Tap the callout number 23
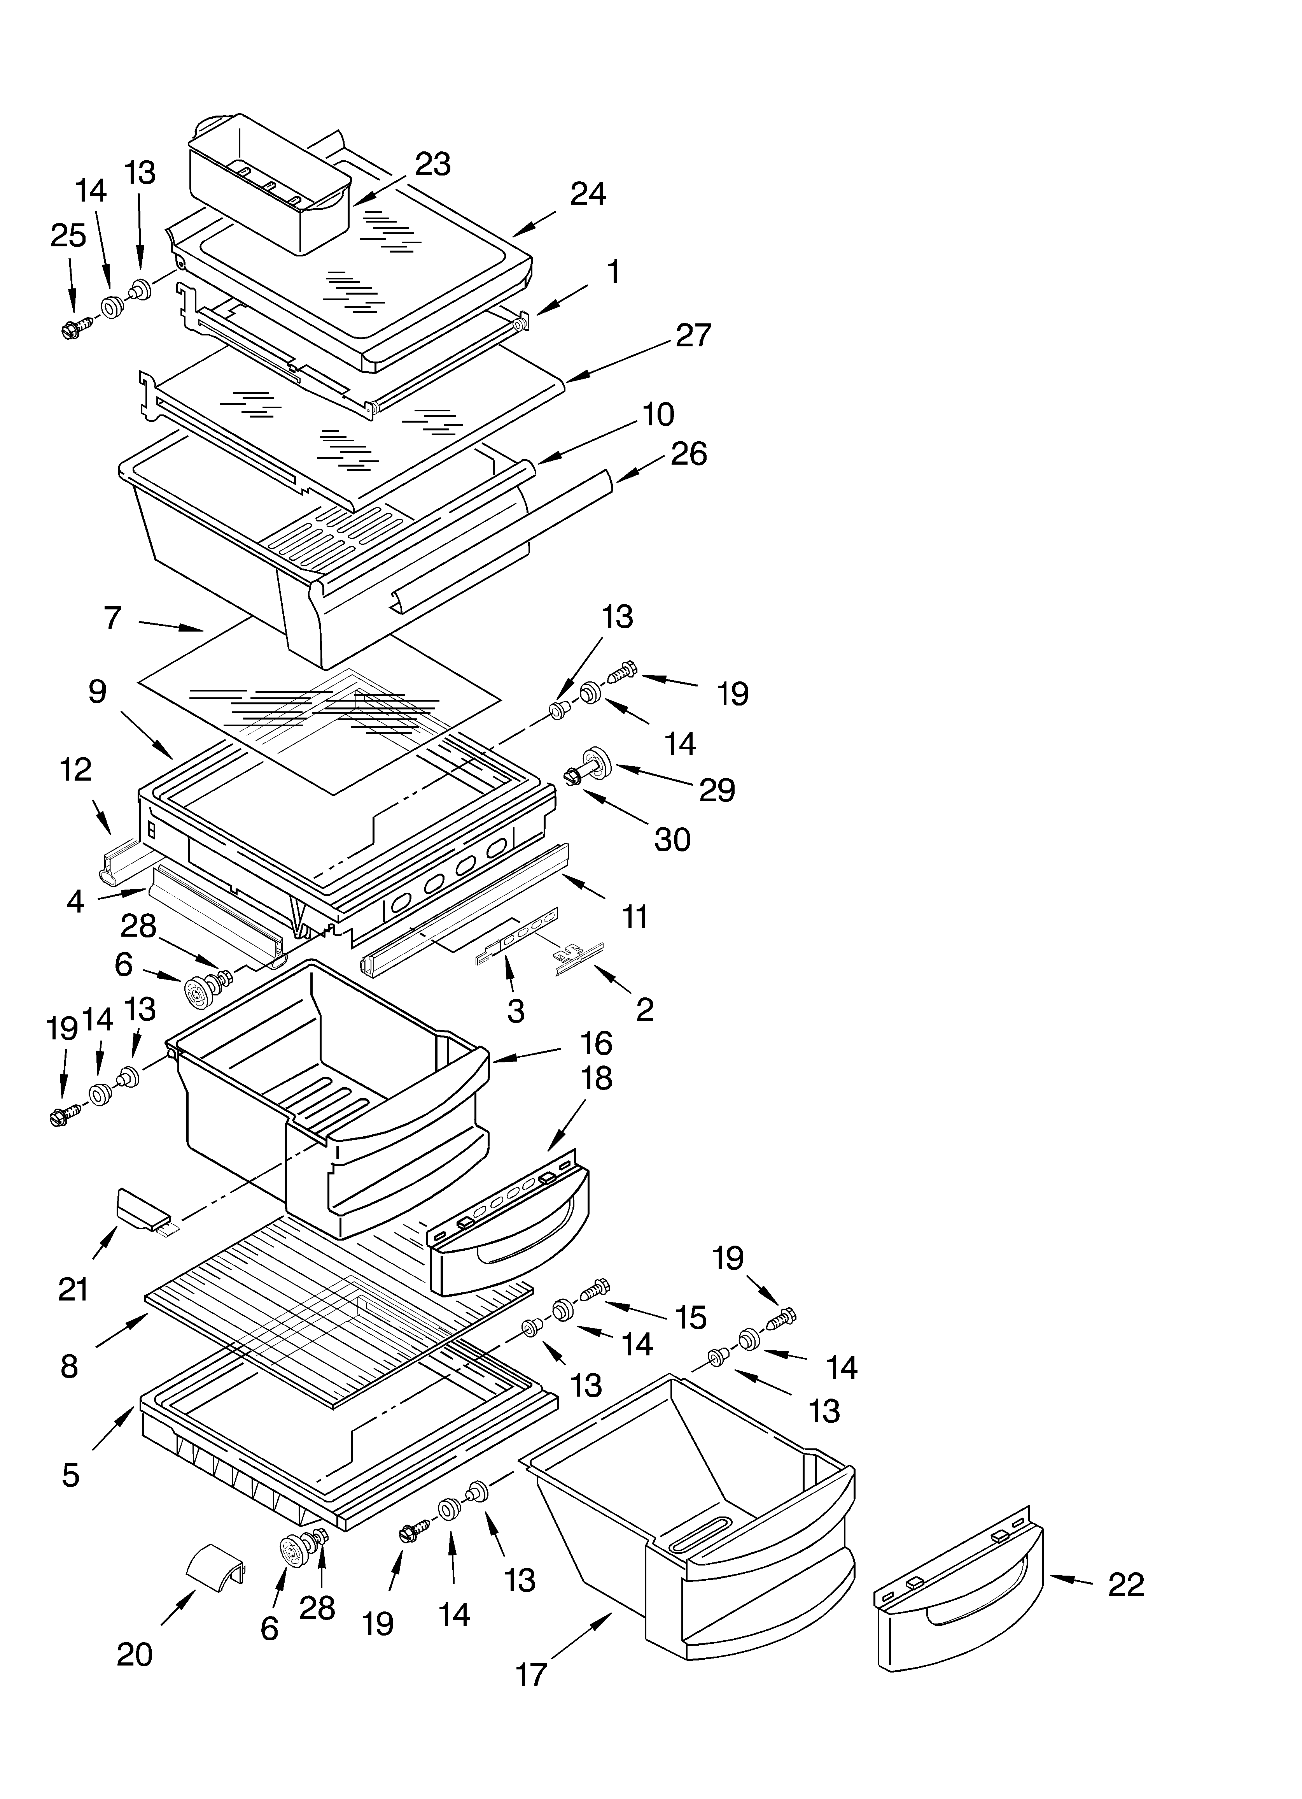[433, 164]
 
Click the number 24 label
[588, 193]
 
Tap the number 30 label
[672, 839]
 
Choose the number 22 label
[1125, 1584]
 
